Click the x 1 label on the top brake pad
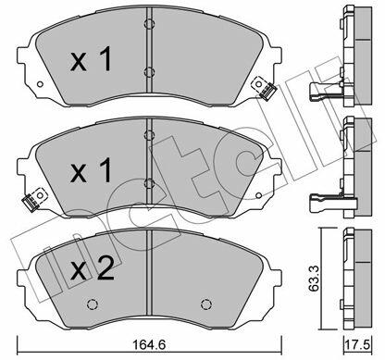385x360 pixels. (91, 60)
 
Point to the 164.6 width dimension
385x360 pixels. (149, 344)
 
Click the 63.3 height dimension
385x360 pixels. (314, 279)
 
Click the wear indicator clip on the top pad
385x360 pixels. (264, 88)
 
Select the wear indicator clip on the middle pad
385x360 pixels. (34, 200)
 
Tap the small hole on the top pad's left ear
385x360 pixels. (40, 84)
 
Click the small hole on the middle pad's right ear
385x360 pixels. (258, 195)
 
